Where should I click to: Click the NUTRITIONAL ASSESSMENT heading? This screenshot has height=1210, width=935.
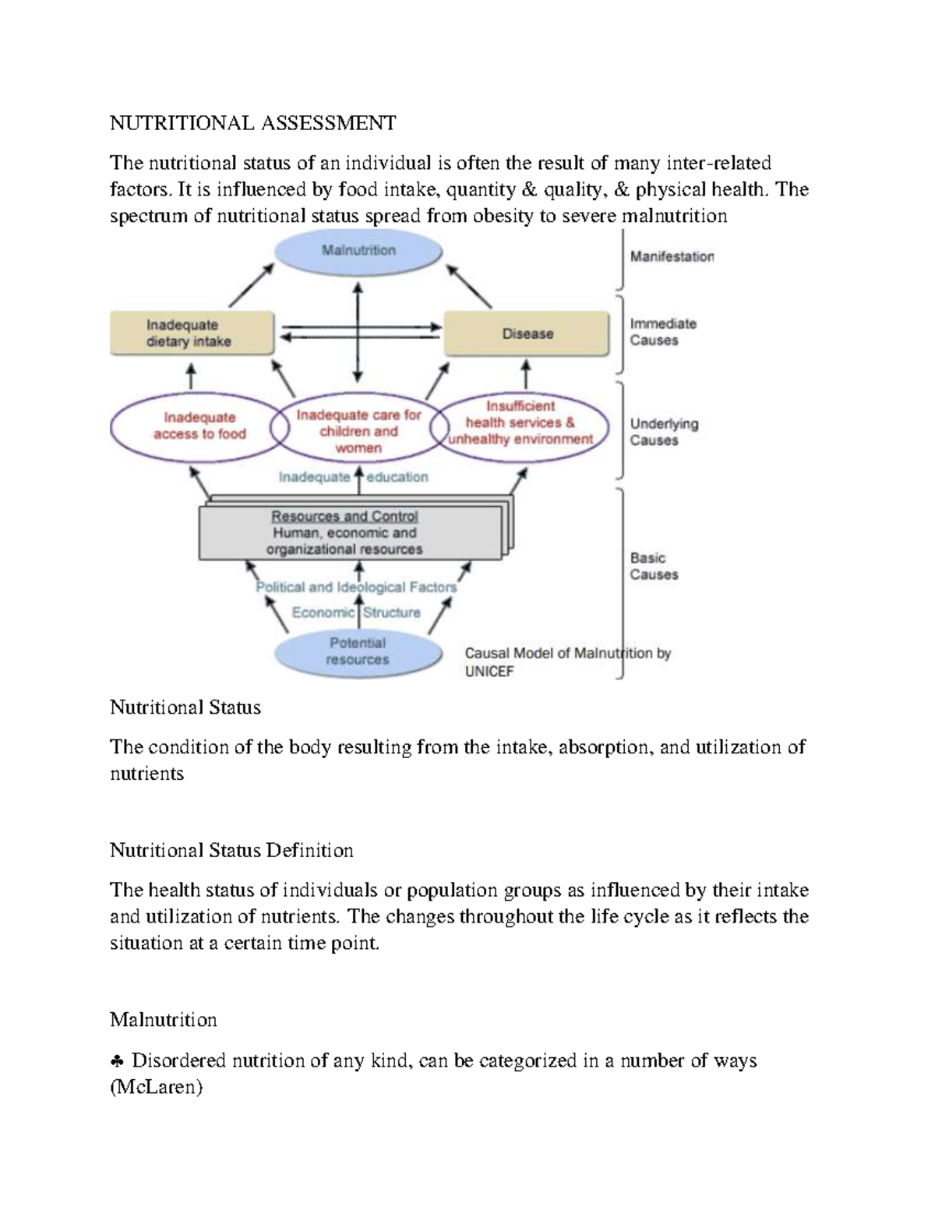point(252,123)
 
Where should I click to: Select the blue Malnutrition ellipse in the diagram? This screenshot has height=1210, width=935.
point(358,252)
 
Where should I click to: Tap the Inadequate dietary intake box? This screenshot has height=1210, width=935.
point(192,333)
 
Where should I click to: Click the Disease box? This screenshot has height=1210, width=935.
point(527,333)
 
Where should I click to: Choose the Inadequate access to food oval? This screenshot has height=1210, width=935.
point(199,426)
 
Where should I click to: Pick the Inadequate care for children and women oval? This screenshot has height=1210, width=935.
point(358,431)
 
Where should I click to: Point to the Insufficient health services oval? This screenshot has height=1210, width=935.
point(520,423)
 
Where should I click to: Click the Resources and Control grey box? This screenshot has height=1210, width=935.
point(349,533)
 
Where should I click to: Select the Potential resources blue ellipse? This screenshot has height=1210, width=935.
point(358,651)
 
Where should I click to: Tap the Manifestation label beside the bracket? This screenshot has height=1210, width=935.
point(672,256)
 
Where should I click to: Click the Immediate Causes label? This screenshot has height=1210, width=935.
point(662,332)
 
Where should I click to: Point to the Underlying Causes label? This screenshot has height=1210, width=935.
point(664,432)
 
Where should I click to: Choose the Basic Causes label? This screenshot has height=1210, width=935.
point(654,566)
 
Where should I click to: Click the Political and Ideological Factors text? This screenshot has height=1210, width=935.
point(356,587)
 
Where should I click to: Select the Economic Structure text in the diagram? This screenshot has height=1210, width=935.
point(356,612)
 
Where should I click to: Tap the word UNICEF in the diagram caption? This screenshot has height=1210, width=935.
point(489,672)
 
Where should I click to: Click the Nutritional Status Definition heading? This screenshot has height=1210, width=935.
point(231,850)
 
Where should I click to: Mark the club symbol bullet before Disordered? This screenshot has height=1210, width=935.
point(117,1061)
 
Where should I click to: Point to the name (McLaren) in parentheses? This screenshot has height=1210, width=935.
point(156,1088)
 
